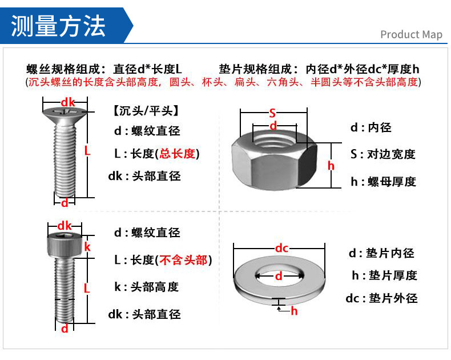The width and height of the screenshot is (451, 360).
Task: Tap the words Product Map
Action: point(411,34)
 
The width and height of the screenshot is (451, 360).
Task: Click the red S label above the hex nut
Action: point(272,113)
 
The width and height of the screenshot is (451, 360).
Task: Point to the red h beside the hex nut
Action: point(331,166)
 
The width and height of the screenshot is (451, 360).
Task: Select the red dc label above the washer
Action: point(281,247)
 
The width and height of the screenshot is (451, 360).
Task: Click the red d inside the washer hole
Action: point(279,276)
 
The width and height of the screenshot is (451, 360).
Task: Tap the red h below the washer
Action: point(294,311)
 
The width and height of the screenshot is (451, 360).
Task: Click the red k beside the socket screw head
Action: point(87,247)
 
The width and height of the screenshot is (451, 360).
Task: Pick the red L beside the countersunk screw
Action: point(87,151)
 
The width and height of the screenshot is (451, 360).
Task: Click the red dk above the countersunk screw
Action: point(68,102)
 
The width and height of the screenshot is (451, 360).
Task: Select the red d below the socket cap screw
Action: point(65,328)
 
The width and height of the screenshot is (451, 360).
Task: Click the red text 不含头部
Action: point(183,260)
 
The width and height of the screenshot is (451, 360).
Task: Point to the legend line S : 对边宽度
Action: point(382,154)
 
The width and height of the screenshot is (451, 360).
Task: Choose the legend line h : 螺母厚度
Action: point(382,182)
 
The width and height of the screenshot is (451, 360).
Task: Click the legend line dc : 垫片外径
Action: point(381,298)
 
